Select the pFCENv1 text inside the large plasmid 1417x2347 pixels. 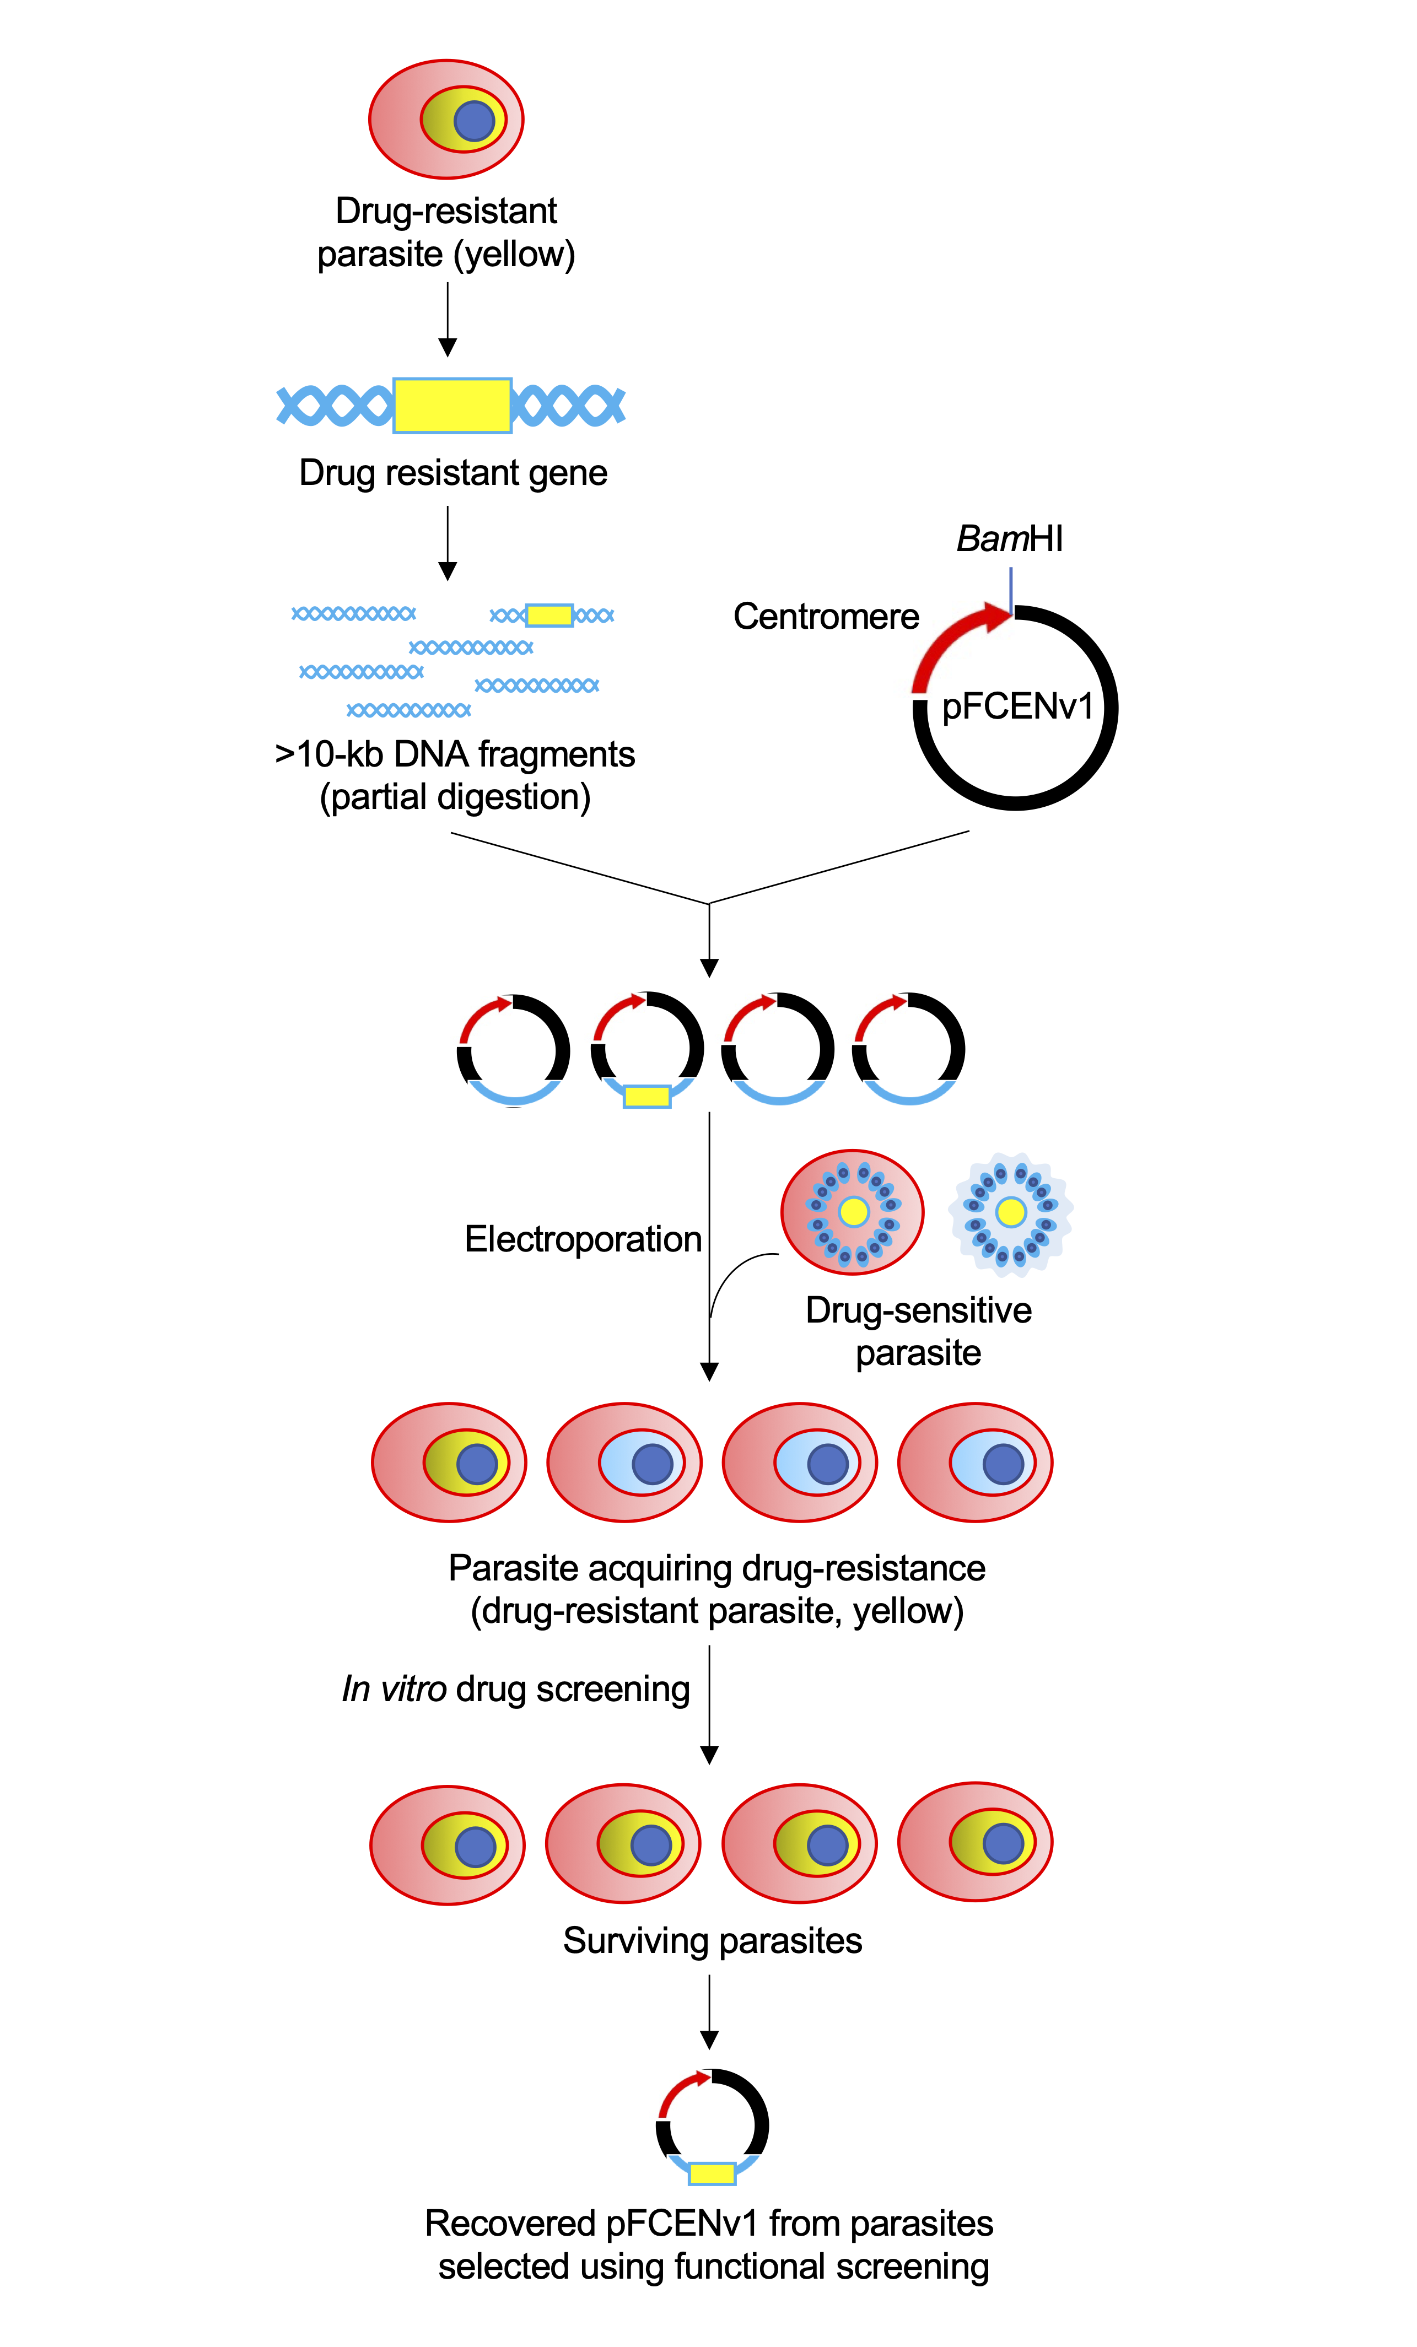click(1016, 707)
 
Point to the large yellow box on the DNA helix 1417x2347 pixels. click(452, 406)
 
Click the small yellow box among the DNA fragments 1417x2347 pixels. click(549, 616)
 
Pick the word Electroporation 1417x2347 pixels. click(582, 1239)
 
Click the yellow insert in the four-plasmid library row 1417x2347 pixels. click(646, 1096)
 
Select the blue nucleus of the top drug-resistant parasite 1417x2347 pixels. click(473, 121)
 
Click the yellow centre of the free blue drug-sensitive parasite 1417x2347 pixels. click(1010, 1212)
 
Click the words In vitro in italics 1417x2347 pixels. click(394, 1689)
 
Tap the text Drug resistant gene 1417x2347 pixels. click(452, 472)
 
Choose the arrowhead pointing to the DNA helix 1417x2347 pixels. click(447, 348)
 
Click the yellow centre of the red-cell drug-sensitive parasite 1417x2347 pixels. click(853, 1212)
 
